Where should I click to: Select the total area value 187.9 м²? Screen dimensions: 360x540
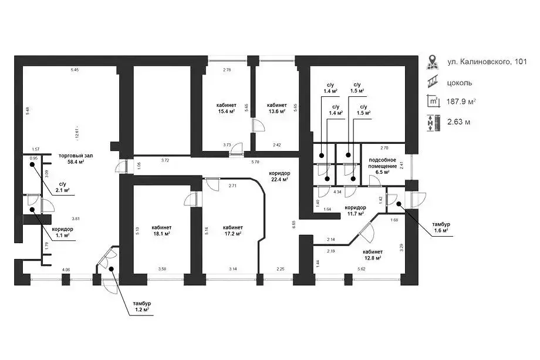tap(461, 101)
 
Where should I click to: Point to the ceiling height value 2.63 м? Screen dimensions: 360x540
tap(458, 122)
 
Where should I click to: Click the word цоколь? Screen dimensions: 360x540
tap(460, 82)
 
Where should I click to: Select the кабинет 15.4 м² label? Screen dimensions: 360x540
tap(227, 107)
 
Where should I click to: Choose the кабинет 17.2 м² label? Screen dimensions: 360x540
tap(233, 230)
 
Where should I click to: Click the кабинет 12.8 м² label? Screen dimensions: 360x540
tap(372, 254)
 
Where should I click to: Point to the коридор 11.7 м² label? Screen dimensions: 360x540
tap(355, 211)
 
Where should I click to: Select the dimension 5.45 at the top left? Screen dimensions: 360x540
tap(75, 70)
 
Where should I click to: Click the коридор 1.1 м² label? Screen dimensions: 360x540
tap(63, 232)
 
